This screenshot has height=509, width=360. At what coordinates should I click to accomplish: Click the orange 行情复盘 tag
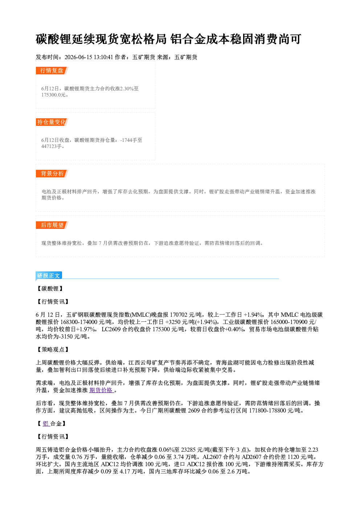coord(52,70)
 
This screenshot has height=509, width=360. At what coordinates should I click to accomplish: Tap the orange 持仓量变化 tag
coord(52,122)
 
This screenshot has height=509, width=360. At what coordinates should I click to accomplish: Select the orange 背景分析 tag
coord(52,174)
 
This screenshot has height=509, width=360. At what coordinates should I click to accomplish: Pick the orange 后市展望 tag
coord(52,225)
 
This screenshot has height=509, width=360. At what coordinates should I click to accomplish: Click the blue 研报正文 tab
coord(49,275)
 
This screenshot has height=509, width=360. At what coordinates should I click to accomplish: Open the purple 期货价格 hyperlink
coord(101,390)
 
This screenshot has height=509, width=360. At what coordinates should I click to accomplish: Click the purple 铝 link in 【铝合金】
coord(46,423)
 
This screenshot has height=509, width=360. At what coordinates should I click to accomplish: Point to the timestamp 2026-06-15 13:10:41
coord(89,57)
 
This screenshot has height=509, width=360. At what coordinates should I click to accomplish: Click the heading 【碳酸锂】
coord(50,288)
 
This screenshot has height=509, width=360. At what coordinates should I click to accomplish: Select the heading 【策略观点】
coord(53,349)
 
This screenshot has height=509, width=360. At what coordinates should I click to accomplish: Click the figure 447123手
coord(52,146)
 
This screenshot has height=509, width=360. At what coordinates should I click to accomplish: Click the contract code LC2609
coord(111,329)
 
